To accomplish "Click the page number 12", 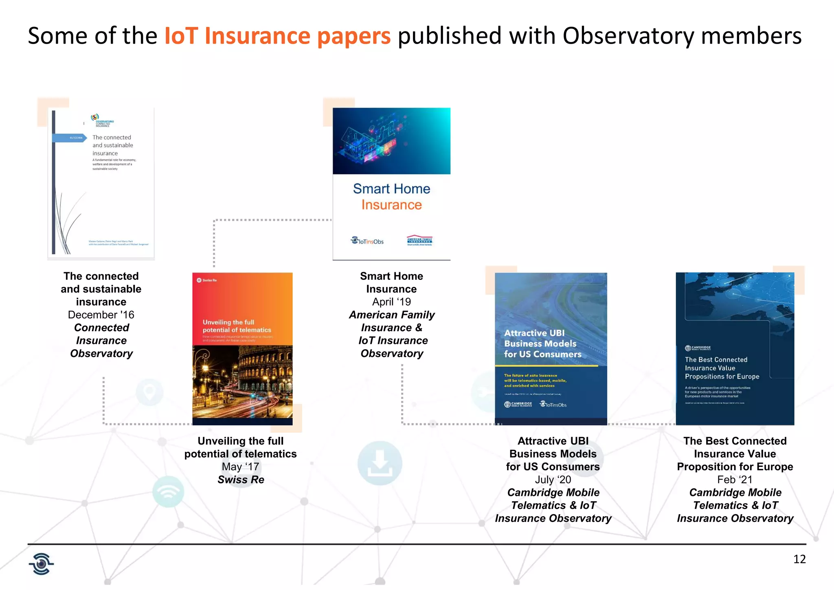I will pyautogui.click(x=799, y=559).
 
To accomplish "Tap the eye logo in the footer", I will pyautogui.click(x=41, y=564).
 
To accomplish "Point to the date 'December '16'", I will pyautogui.click(x=101, y=315).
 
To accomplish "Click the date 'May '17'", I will pyautogui.click(x=240, y=467).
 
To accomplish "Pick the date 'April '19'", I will pyautogui.click(x=391, y=302).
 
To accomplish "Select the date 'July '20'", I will pyautogui.click(x=553, y=480).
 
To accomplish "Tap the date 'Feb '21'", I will pyautogui.click(x=735, y=480).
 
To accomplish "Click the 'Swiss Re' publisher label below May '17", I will pyautogui.click(x=241, y=480).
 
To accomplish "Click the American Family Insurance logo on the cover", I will pyautogui.click(x=419, y=241).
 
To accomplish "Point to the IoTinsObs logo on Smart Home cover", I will pyautogui.click(x=367, y=241).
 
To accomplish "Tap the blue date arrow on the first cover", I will pyautogui.click(x=69, y=138).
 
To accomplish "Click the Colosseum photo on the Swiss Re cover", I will pyautogui.click(x=242, y=381).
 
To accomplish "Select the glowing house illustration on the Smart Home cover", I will pyautogui.click(x=367, y=141).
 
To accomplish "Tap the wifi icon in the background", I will pyautogui.click(x=168, y=492).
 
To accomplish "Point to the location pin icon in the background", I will pyautogui.click(x=149, y=392).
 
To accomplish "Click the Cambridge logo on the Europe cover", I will pyautogui.click(x=698, y=348).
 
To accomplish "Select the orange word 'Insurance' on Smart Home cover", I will pyautogui.click(x=391, y=205).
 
